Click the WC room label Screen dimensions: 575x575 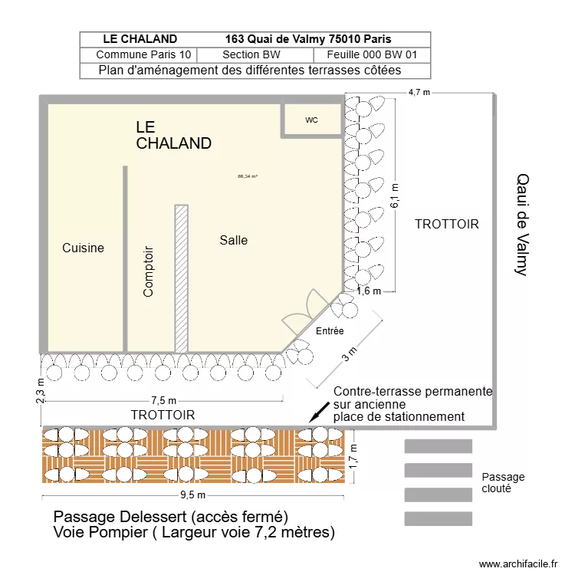311,120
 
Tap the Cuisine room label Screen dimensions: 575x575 83,248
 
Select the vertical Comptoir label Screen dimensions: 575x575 149,271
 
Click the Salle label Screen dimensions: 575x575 234,240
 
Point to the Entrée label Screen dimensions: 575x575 330,330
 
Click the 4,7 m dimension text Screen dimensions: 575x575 419,92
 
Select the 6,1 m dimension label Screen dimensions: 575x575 395,195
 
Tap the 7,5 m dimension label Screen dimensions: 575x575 163,400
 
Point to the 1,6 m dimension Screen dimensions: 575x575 369,291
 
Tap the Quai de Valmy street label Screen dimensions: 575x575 521,224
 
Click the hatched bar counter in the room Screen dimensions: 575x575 182,278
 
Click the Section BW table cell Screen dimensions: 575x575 255,55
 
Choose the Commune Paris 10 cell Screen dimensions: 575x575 138,55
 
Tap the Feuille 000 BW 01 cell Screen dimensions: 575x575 372,55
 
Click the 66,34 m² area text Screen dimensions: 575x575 248,176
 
